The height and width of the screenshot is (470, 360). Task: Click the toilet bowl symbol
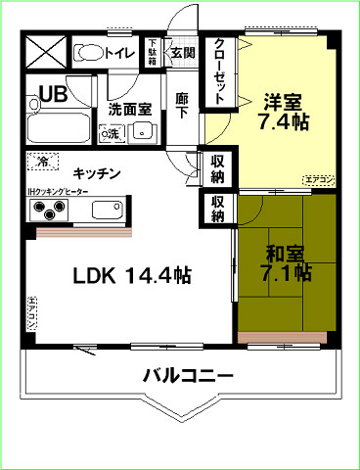89,52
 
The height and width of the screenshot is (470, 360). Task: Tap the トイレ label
120,53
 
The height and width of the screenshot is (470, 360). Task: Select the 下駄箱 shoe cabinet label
153,52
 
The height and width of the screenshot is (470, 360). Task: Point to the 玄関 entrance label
182,52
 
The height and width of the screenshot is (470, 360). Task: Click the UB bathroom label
53,96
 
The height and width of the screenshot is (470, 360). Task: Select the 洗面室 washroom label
129,110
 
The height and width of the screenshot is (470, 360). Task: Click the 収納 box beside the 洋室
217,169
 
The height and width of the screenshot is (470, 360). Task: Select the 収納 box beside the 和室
217,208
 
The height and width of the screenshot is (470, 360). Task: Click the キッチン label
96,173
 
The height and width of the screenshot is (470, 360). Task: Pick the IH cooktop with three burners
49,210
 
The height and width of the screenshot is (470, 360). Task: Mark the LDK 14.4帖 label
132,275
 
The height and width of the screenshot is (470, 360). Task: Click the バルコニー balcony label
188,375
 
